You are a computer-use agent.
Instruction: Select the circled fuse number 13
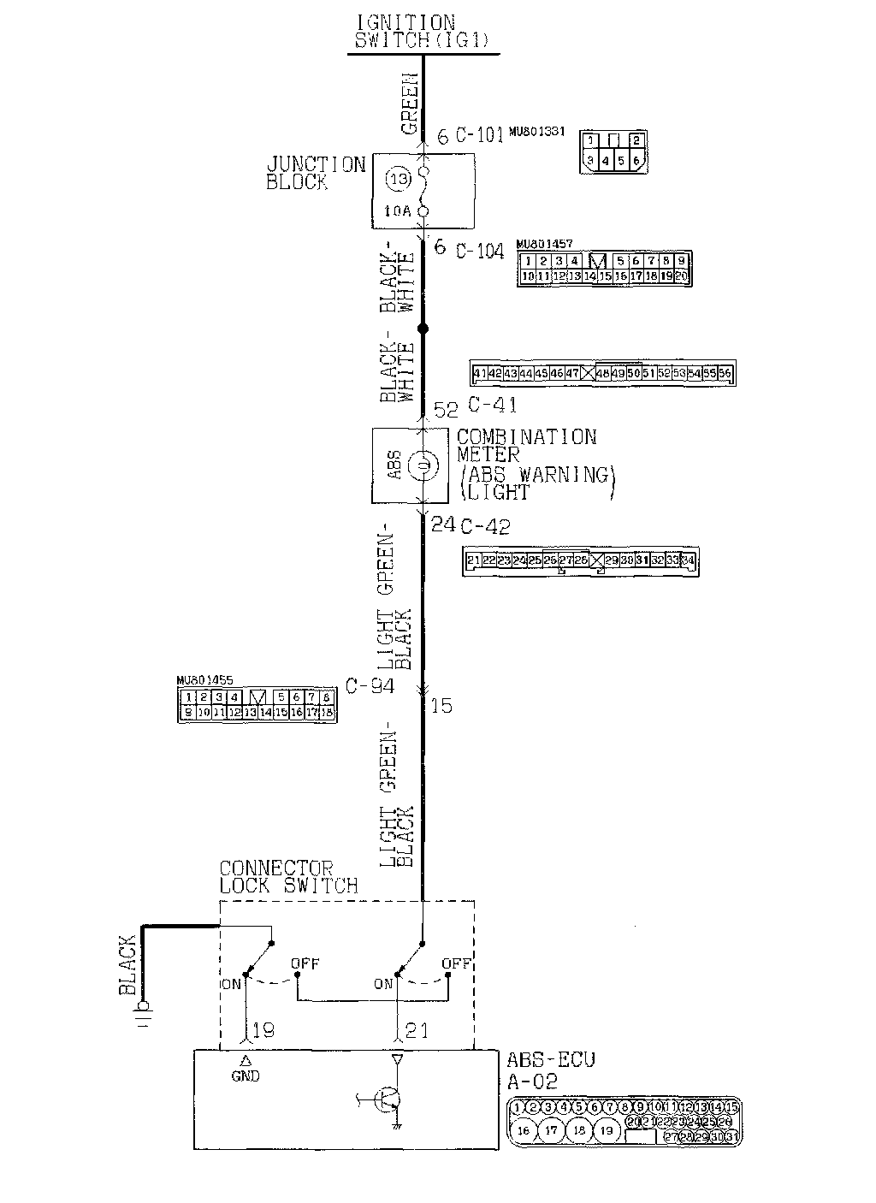pyautogui.click(x=396, y=180)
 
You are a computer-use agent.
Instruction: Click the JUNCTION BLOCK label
pyautogui.click(x=315, y=172)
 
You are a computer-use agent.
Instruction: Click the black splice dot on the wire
pyautogui.click(x=422, y=329)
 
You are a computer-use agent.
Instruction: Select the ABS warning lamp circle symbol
pyautogui.click(x=422, y=466)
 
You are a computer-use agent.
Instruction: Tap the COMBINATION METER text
pyautogui.click(x=525, y=447)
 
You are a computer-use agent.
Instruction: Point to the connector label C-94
pyautogui.click(x=370, y=685)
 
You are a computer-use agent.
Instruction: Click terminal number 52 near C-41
pyautogui.click(x=447, y=410)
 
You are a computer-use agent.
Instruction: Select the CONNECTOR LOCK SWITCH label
pyautogui.click(x=288, y=877)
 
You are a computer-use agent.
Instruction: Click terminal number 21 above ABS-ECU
pyautogui.click(x=417, y=1031)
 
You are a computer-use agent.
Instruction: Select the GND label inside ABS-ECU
pyautogui.click(x=246, y=1076)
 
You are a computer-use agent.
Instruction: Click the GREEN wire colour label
pyautogui.click(x=411, y=104)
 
